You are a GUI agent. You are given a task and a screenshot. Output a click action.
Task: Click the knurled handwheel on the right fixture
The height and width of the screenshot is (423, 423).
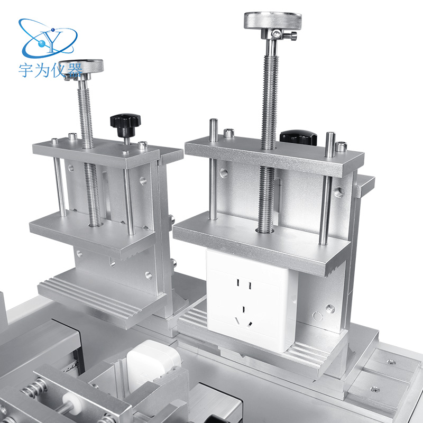272,21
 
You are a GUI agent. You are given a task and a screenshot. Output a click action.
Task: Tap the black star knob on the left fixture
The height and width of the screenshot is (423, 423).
125,122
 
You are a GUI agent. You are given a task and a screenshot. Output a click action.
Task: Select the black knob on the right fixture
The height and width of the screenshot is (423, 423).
298,137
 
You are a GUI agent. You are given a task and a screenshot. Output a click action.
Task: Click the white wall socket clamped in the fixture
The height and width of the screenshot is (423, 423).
250,299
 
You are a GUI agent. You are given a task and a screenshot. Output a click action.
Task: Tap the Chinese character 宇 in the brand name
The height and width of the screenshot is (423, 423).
26,71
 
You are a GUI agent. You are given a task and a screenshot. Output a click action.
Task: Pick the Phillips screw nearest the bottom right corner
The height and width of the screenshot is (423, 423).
375,389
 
